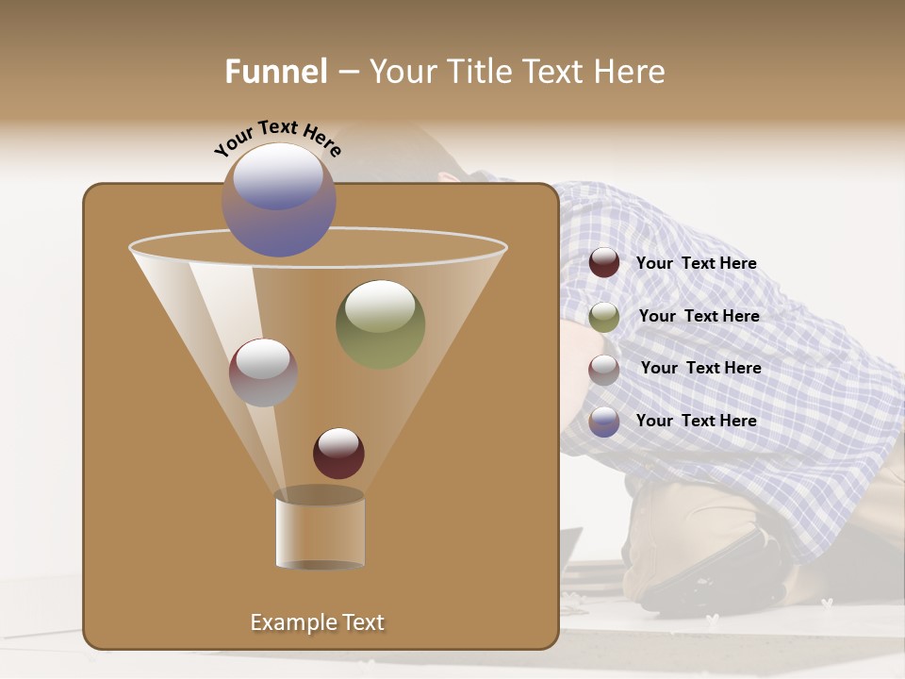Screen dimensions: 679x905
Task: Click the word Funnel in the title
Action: [275, 72]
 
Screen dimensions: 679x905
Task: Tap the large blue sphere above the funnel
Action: [279, 200]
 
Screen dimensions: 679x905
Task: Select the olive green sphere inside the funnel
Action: [380, 323]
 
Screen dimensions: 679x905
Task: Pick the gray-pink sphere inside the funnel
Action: [263, 373]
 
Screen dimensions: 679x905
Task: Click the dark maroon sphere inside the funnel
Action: [338, 454]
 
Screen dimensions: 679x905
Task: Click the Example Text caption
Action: [317, 622]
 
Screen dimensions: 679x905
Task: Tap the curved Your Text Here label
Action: [277, 138]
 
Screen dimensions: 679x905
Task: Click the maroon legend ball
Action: [604, 263]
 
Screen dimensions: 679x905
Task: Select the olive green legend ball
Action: [604, 317]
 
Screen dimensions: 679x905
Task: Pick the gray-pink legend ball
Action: [604, 370]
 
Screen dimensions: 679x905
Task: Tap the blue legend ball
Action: [604, 422]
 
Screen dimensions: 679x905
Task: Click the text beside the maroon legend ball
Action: [696, 264]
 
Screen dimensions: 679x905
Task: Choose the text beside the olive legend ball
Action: [699, 317]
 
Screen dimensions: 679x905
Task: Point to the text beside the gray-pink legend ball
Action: [700, 369]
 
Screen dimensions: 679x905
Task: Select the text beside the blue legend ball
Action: [696, 421]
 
